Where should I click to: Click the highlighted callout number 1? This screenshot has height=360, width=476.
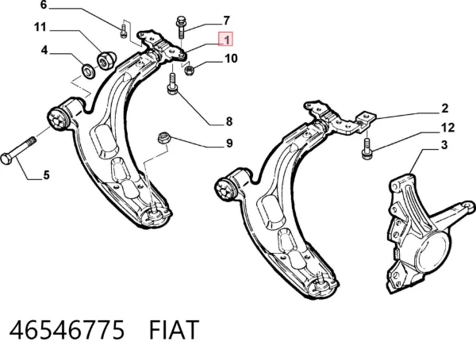226,39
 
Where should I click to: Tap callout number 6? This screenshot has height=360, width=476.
44,5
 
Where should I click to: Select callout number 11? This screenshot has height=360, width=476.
40,27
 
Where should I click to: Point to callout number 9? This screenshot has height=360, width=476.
229,143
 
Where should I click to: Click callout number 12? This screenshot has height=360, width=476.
447,128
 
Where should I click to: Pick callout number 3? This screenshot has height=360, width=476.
444,145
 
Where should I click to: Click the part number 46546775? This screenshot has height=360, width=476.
67,330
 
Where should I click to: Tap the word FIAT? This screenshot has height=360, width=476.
174,330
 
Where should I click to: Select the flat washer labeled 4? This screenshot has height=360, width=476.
89,71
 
